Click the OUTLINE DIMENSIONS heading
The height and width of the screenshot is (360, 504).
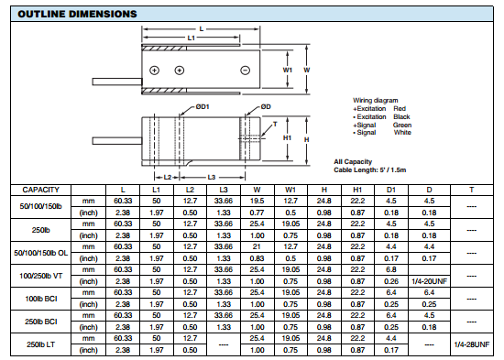point(77,14)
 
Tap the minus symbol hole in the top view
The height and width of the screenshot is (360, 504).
point(246,71)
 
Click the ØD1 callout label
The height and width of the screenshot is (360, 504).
point(203,106)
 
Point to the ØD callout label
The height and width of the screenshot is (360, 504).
point(266,106)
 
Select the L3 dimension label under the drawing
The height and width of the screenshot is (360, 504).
point(211,177)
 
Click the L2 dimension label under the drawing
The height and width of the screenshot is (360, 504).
point(168,177)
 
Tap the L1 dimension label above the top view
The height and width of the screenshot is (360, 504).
point(192,38)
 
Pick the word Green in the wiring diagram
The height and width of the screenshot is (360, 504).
point(402,125)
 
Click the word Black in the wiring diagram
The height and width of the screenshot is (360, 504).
point(401,116)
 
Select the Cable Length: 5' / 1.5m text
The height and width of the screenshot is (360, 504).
point(370,169)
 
